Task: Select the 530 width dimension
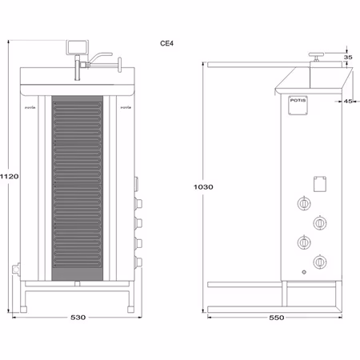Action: pyautogui.click(x=78, y=318)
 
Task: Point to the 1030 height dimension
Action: pyautogui.click(x=203, y=186)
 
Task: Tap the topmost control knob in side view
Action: pyautogui.click(x=304, y=204)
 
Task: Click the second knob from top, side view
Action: pyautogui.click(x=320, y=222)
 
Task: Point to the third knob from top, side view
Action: pyautogui.click(x=304, y=242)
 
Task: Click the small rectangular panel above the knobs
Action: pyautogui.click(x=321, y=183)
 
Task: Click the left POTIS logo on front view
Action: pyautogui.click(x=32, y=105)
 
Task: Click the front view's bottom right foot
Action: pyautogui.click(x=129, y=302)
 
